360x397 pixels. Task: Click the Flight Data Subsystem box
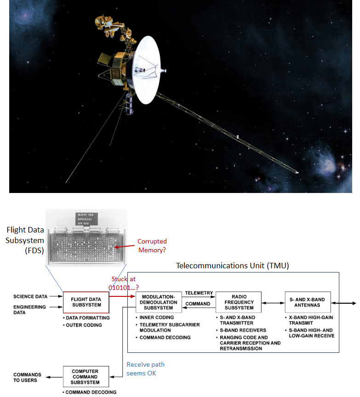coord(86,302)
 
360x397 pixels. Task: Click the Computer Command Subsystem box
coord(86,376)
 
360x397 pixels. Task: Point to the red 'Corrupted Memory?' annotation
coord(152,245)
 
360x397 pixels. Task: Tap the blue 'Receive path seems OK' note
coord(145,369)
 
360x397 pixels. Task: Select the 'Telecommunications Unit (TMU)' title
coord(232,266)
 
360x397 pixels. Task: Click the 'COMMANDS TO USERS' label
coord(28,377)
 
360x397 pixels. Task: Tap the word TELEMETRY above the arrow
coord(199,293)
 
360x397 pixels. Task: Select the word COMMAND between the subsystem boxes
coord(198,304)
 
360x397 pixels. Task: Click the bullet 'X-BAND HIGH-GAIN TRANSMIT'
coord(311,320)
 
